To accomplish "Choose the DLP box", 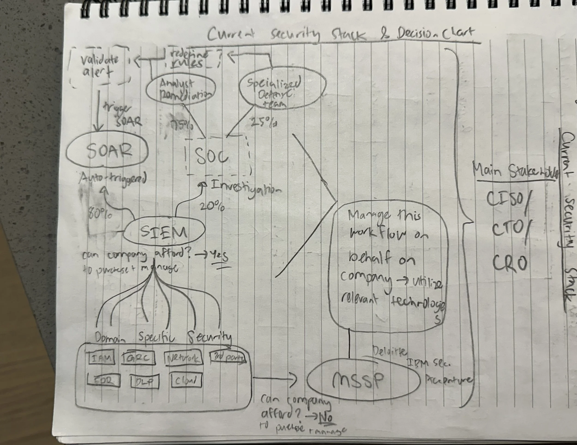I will click(x=145, y=382).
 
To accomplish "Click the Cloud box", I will click(x=186, y=381).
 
